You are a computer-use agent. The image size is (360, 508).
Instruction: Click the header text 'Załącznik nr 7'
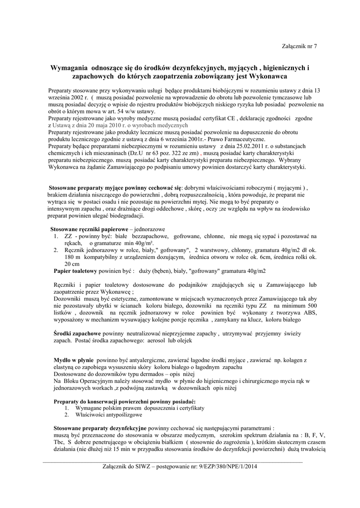pyautogui.click(x=299, y=46)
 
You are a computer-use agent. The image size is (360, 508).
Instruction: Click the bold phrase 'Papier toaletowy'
pyautogui.click(x=75, y=271)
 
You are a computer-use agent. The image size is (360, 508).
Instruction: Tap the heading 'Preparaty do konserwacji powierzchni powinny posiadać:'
pyautogui.click(x=124, y=401)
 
